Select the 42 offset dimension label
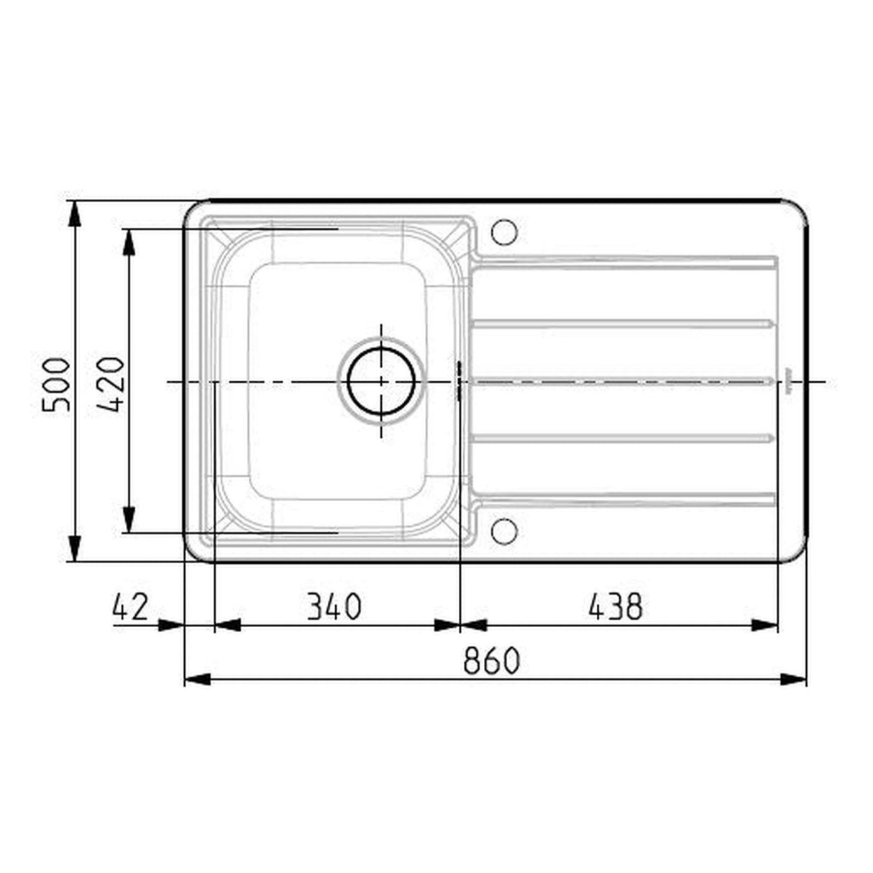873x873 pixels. pos(130,607)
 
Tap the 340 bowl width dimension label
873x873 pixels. pos(334,607)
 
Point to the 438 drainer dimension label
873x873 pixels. pos(615,607)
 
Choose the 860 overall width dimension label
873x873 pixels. pos(491,661)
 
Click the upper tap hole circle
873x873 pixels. pos(504,232)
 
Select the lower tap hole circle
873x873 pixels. pos(504,531)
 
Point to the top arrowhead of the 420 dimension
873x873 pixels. pos(129,242)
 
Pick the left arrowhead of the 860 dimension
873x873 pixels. pos(198,678)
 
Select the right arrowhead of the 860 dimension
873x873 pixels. pos(793,678)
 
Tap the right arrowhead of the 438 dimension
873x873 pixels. pos(764,626)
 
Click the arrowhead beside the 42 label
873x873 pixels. pos(171,626)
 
